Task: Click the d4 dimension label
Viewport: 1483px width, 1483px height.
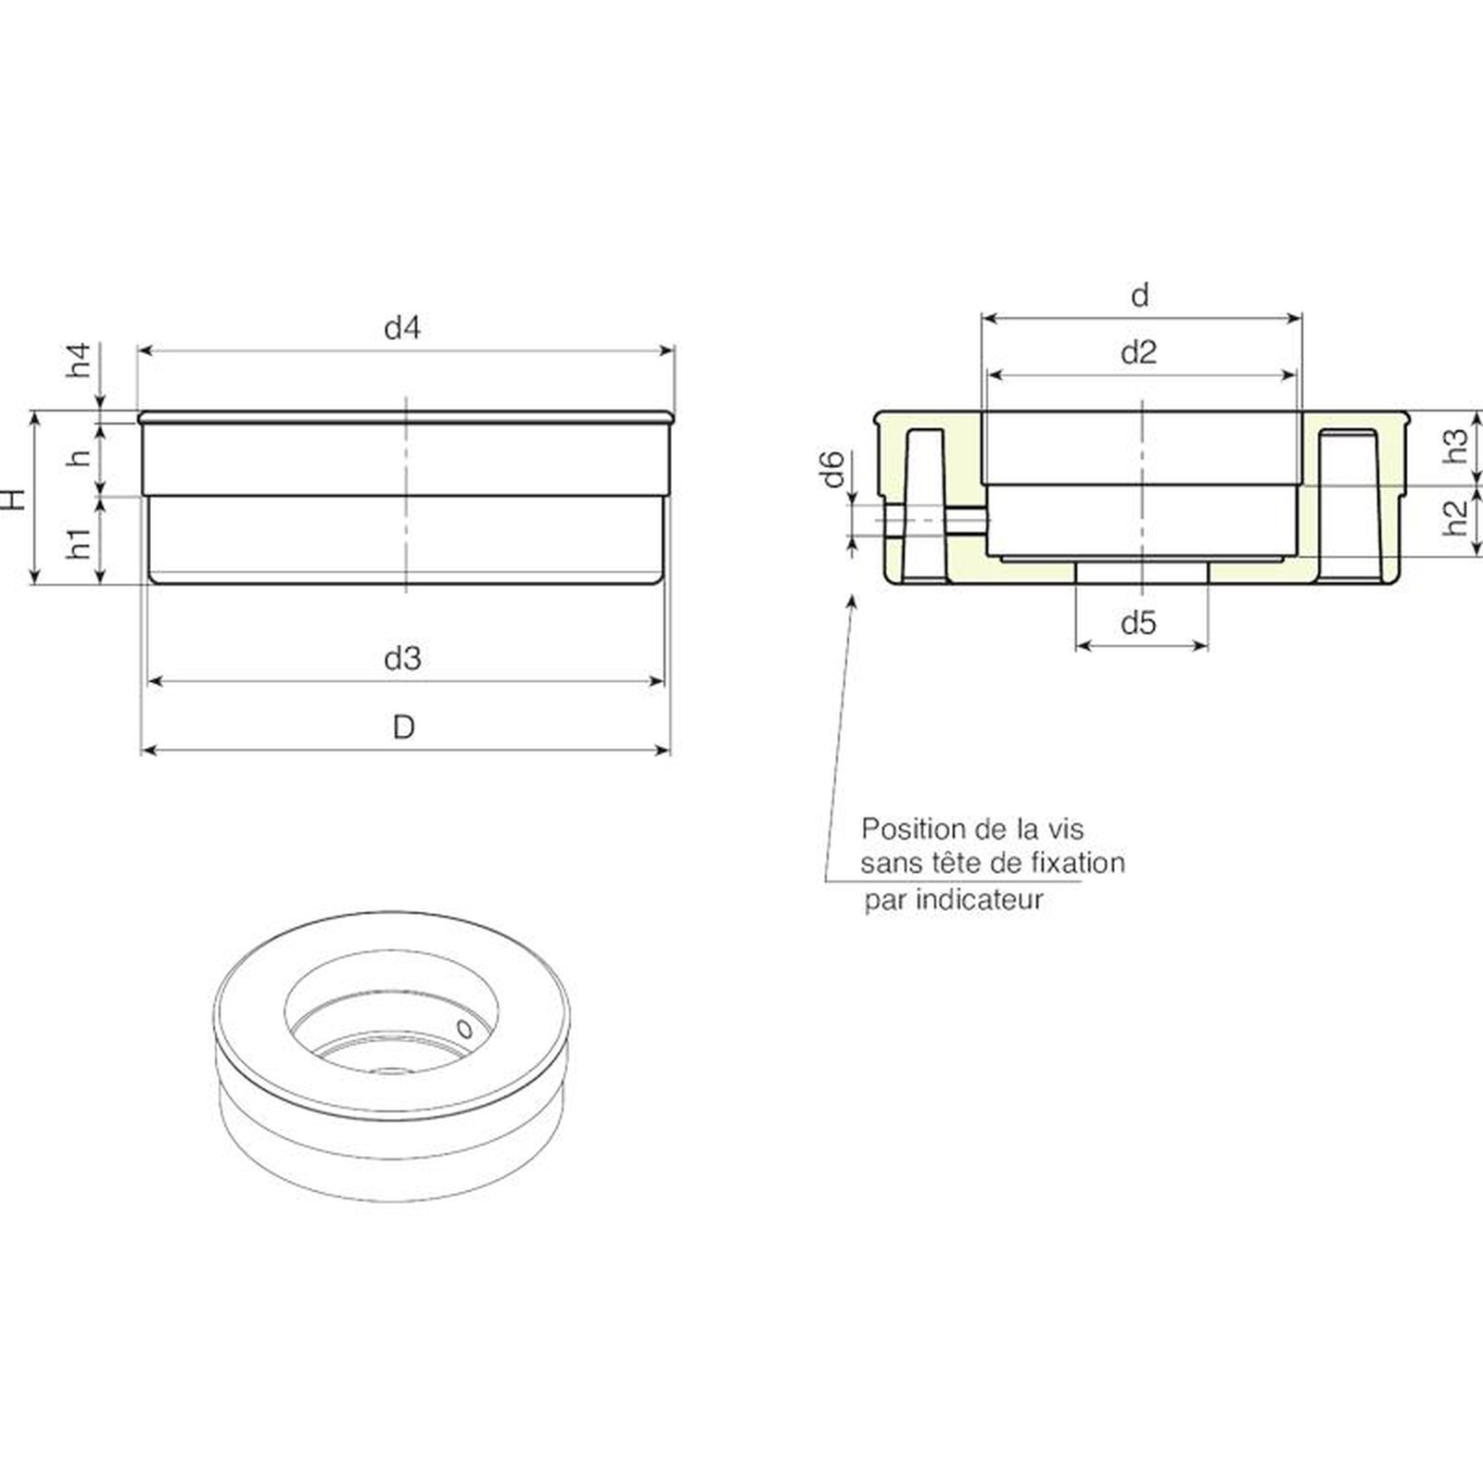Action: click(402, 327)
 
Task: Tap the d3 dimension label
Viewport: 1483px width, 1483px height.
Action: click(402, 658)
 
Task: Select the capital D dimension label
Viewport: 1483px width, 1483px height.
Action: click(403, 728)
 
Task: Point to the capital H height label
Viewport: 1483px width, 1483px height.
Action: click(13, 498)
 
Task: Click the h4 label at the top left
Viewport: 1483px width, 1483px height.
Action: click(81, 360)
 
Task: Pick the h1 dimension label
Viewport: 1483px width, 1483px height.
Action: click(81, 543)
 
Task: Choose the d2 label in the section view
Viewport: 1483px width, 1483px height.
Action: click(1139, 352)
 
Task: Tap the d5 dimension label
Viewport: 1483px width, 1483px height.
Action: click(1139, 623)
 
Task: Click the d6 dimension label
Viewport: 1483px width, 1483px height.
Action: click(834, 468)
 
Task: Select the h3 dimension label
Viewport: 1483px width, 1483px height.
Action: click(1457, 446)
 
